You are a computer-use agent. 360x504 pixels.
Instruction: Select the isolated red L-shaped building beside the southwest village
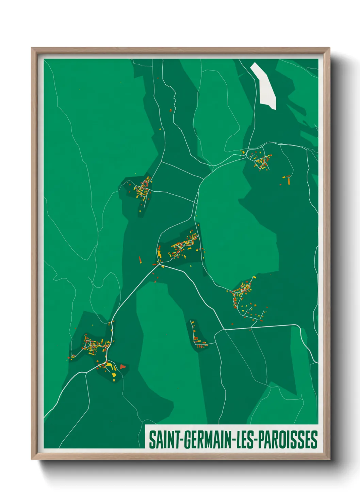(122, 366)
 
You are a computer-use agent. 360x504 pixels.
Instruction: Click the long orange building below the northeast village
(289, 181)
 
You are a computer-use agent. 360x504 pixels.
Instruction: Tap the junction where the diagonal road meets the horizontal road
(224, 329)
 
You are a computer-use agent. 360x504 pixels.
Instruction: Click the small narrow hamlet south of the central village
(196, 335)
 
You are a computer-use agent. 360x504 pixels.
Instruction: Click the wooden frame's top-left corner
(32, 48)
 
